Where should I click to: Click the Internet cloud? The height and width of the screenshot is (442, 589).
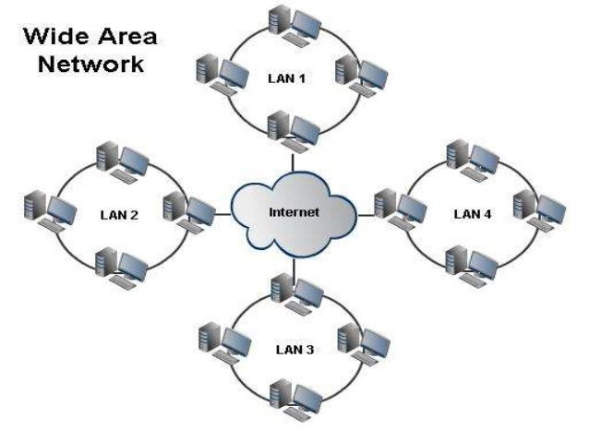point(294,213)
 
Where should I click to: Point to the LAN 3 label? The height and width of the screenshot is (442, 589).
point(294,350)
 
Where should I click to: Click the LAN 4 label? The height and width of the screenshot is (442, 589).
point(473,214)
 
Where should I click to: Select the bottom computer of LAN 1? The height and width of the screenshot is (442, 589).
point(293,129)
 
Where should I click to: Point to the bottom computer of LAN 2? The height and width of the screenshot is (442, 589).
point(121,266)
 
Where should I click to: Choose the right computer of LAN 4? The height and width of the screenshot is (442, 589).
point(537,209)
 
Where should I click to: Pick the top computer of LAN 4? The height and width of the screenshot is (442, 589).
point(471,158)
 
